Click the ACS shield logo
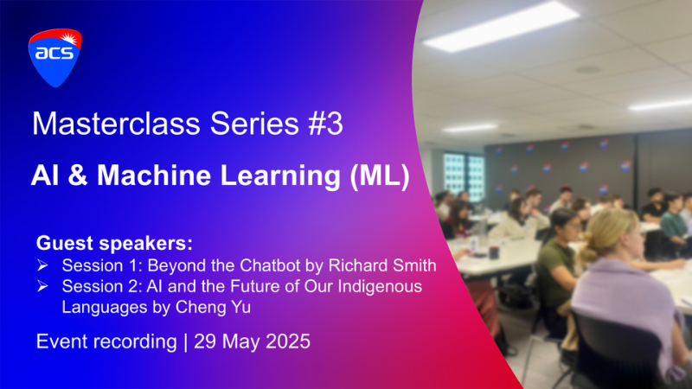[55, 58]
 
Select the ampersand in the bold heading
[78, 175]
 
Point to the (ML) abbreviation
[380, 176]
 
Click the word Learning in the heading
[280, 176]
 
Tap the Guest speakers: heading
[114, 243]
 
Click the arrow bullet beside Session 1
[42, 265]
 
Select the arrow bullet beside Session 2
[42, 286]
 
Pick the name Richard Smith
[382, 265]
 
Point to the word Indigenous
[380, 287]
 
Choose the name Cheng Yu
[213, 307]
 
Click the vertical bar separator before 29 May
[185, 341]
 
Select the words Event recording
[106, 341]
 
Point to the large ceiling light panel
[501, 27]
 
